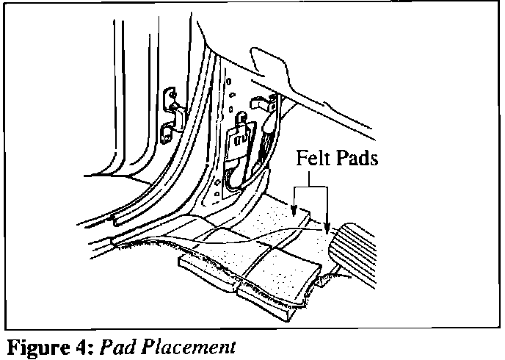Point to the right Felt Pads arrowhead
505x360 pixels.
coord(327,228)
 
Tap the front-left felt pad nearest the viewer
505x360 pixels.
coord(213,264)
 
